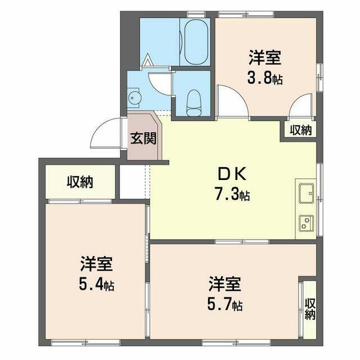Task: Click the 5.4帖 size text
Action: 97,285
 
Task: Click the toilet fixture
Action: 191,100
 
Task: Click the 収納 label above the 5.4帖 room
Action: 80,182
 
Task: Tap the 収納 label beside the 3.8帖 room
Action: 300,130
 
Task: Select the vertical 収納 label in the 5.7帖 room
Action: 310,309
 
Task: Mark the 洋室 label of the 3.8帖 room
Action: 264,57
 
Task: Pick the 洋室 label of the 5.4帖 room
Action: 97,263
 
